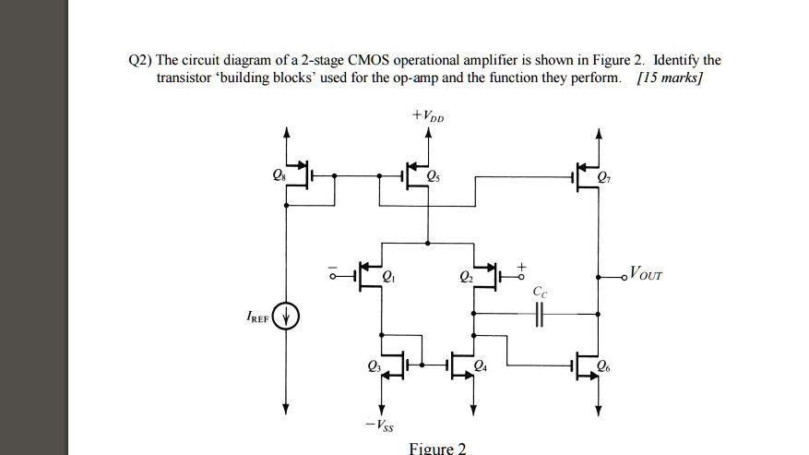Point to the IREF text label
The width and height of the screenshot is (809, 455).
tap(257, 317)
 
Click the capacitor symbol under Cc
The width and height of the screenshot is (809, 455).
tap(540, 316)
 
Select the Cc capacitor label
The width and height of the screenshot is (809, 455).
tap(540, 293)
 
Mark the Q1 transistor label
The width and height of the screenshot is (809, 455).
tap(388, 275)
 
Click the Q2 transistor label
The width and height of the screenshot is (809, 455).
tap(464, 275)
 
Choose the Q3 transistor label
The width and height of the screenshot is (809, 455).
tap(373, 366)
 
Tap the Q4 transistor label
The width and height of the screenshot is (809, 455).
tap(480, 366)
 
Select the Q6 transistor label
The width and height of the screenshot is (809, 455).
tap(603, 365)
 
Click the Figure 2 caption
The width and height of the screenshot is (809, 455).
tap(437, 448)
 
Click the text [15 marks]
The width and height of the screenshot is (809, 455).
tap(670, 78)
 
